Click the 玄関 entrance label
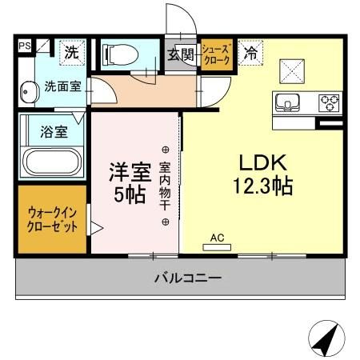pos(181,55)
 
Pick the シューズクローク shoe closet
pos(216,55)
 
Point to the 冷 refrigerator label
pos(250,54)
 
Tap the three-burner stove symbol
pos(328,103)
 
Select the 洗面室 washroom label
pos(62,86)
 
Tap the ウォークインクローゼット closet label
pos(53,220)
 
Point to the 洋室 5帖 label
pos(128,182)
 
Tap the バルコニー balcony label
pos(188,278)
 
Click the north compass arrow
pos(323,340)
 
